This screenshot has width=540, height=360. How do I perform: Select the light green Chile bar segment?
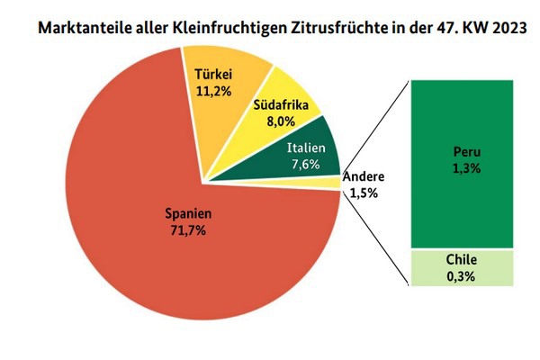click(x=463, y=268)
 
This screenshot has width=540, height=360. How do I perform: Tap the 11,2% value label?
click(x=215, y=90)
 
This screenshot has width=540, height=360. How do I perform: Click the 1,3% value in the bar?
click(x=463, y=167)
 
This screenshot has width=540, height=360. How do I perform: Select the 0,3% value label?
click(x=462, y=276)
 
